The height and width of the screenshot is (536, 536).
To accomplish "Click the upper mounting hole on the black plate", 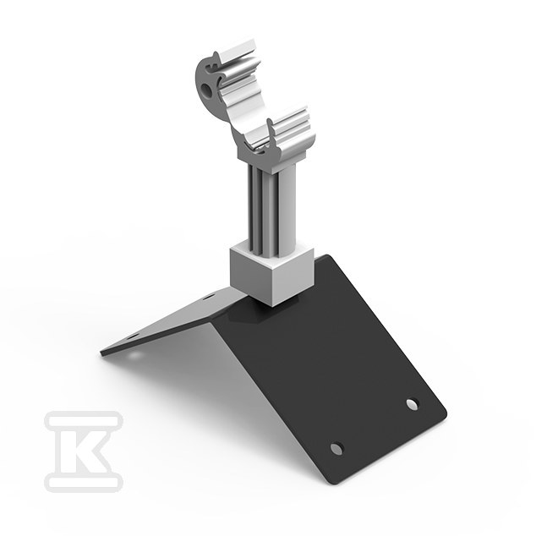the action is coord(413,404).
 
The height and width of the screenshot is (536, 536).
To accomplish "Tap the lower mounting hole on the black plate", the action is coord(337,448).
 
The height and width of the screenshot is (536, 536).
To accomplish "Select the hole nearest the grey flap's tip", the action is coord(134,336).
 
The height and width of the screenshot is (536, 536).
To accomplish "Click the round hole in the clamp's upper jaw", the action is coord(206,90).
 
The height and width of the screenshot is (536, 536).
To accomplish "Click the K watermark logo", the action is coord(84,451).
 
